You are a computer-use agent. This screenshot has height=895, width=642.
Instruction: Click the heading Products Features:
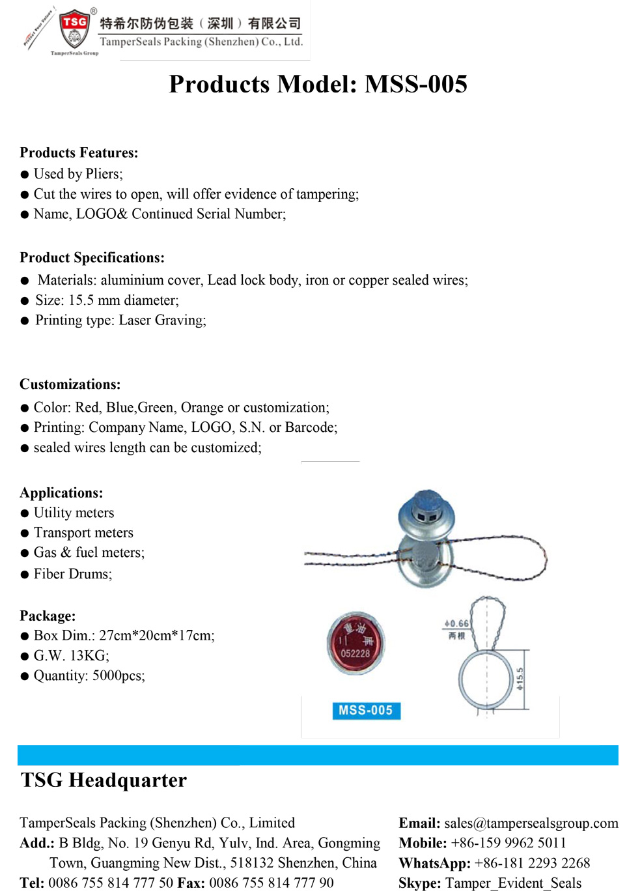click(x=79, y=153)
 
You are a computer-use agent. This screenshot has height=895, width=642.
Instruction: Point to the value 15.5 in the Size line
click(x=81, y=300)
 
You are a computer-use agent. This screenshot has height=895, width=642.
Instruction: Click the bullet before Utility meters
click(x=25, y=514)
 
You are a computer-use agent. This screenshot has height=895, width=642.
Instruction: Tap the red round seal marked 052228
click(x=355, y=643)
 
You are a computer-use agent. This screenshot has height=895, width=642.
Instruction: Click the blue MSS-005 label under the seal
click(x=365, y=711)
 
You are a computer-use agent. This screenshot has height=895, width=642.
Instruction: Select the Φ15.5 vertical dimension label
click(x=520, y=678)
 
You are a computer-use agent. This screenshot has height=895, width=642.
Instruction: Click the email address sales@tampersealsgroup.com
click(x=531, y=823)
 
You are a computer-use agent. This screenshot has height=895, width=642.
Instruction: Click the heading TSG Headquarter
click(x=104, y=780)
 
